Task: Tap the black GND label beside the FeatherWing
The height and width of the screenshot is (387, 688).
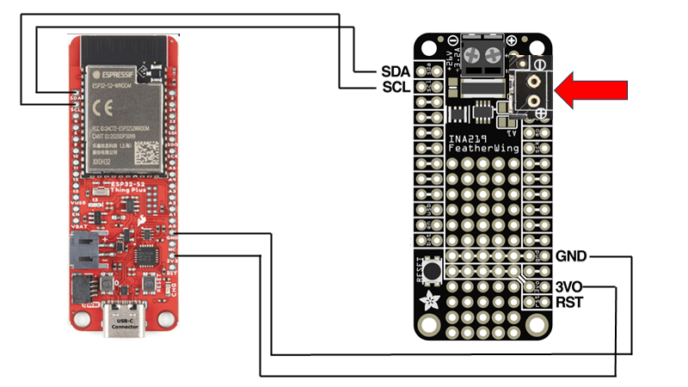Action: [x=572, y=255]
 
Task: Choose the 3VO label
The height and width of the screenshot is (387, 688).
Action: [x=572, y=286]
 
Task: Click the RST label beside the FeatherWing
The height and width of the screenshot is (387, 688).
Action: [x=570, y=302]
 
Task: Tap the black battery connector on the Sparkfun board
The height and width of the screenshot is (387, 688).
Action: [x=83, y=250]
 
